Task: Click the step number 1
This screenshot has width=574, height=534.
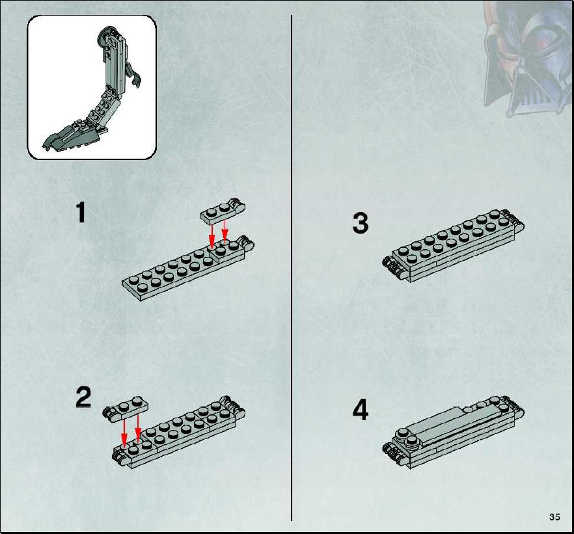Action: click(81, 213)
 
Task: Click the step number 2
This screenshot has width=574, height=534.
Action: click(83, 397)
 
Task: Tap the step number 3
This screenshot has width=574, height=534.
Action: click(361, 223)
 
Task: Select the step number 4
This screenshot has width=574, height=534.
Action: click(361, 410)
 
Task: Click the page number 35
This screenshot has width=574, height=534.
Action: click(554, 517)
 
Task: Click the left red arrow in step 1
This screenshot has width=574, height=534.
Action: click(212, 236)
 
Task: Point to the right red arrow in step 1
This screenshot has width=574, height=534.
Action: click(225, 230)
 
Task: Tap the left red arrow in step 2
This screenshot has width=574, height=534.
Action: click(124, 433)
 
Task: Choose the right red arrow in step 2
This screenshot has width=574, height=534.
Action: click(138, 427)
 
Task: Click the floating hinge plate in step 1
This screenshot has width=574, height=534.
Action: click(223, 211)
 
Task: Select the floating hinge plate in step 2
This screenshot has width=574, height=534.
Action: click(126, 408)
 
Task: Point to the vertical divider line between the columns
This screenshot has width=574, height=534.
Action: click(292, 268)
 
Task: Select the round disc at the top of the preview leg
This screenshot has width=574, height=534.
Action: click(106, 34)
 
